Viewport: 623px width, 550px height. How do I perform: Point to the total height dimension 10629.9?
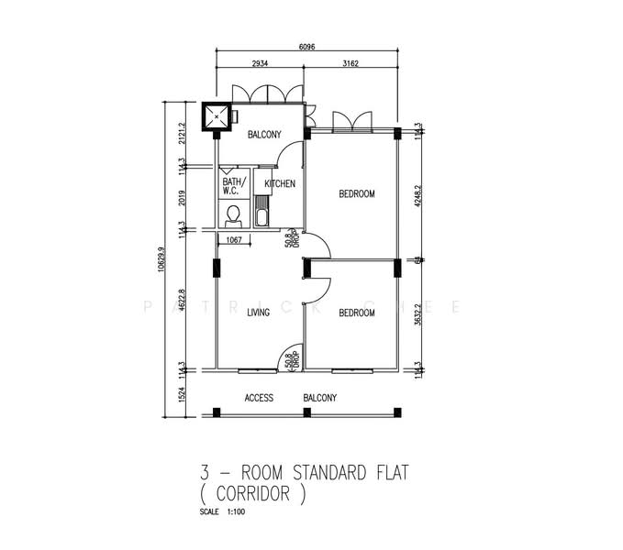pos(162,258)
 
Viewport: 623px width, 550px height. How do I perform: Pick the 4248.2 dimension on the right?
pos(417,193)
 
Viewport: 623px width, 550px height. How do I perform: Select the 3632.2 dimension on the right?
pos(417,313)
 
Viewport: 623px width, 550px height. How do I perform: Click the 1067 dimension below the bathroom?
pos(233,241)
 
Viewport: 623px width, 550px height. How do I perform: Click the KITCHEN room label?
pos(280,184)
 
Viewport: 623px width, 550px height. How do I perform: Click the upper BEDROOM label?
pos(356,193)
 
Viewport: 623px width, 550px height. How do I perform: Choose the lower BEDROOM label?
pos(356,313)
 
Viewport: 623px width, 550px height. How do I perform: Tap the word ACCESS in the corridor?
pos(261,398)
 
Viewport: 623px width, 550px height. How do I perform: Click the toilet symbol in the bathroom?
pos(233,215)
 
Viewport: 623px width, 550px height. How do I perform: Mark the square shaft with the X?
pos(217,115)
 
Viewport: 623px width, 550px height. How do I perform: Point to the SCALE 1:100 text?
pos(219,511)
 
